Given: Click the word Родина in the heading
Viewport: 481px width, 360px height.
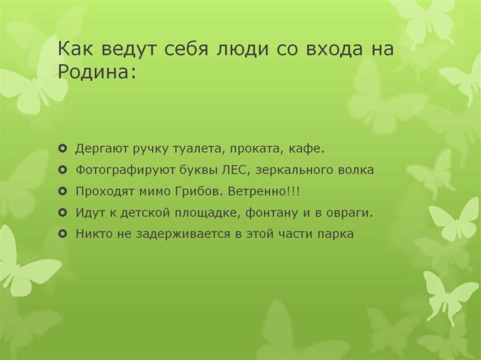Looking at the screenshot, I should (94, 72).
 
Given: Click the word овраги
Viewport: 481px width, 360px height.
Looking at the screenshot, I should (349, 213).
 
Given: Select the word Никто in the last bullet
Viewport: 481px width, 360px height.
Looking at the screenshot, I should (92, 234).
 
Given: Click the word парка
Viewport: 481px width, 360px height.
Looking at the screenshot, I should (335, 234).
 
